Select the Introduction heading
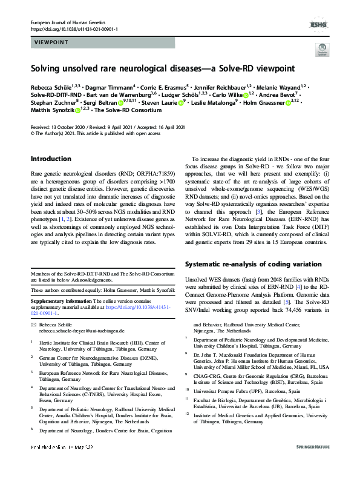tap(51, 159)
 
